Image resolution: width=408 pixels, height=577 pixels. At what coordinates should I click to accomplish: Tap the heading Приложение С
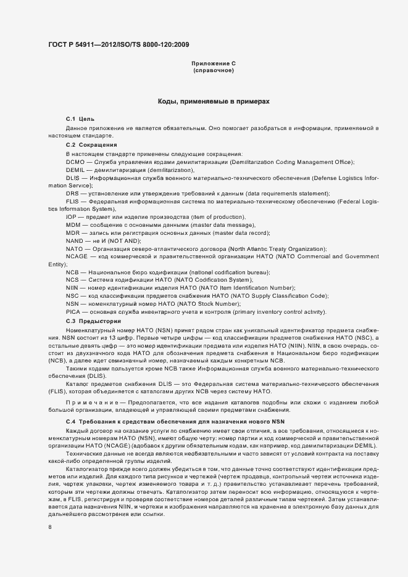click(214, 63)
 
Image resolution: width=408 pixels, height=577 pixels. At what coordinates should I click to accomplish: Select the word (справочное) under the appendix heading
click(214, 71)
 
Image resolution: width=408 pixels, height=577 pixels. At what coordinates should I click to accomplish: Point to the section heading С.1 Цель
click(80, 118)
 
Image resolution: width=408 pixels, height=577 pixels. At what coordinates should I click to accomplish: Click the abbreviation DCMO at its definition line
click(75, 162)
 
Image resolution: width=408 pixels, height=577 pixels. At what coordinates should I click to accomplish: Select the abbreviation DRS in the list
click(72, 194)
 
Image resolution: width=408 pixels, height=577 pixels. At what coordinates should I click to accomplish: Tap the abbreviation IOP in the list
click(72, 217)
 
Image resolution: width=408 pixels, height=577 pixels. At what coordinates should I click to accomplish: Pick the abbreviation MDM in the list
click(73, 225)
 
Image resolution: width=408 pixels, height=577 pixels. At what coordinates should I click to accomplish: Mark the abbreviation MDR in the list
click(73, 233)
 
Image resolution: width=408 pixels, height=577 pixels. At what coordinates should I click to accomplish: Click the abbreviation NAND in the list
click(74, 241)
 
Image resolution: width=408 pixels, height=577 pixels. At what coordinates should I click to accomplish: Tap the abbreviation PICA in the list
click(73, 313)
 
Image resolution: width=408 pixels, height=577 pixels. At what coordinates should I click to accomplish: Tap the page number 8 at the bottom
click(50, 527)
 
